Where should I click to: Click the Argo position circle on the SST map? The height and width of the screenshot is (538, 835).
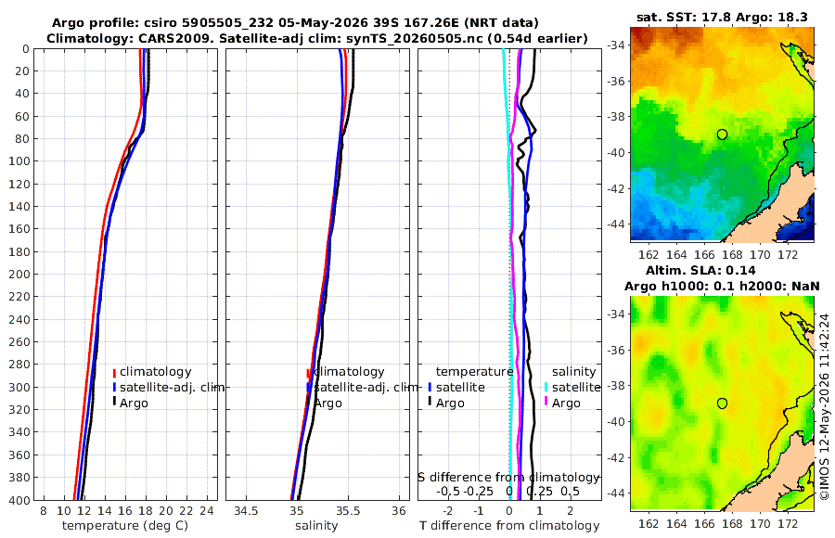click(x=722, y=134)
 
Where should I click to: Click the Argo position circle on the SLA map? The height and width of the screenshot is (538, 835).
click(x=722, y=403)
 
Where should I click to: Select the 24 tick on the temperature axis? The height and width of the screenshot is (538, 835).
click(x=206, y=511)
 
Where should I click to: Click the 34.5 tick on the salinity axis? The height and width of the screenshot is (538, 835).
click(x=246, y=511)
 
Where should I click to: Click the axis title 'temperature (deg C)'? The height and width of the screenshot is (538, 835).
click(x=125, y=526)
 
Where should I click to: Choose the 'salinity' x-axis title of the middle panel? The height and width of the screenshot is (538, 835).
click(x=316, y=526)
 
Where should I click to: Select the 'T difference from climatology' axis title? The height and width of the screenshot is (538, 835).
click(x=509, y=526)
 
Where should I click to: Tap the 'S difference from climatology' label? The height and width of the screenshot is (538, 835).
click(x=509, y=478)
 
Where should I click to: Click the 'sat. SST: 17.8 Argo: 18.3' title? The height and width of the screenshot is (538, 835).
click(x=722, y=17)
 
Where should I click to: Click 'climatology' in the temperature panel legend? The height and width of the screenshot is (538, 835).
click(x=155, y=372)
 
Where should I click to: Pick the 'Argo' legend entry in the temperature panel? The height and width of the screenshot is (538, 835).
click(x=134, y=403)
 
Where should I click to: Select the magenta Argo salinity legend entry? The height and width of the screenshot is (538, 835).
click(x=566, y=403)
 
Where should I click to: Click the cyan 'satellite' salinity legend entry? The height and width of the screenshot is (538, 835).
click(x=576, y=387)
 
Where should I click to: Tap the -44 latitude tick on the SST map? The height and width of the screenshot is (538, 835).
click(x=615, y=224)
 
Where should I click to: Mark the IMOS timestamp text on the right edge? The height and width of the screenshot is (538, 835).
click(x=825, y=406)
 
